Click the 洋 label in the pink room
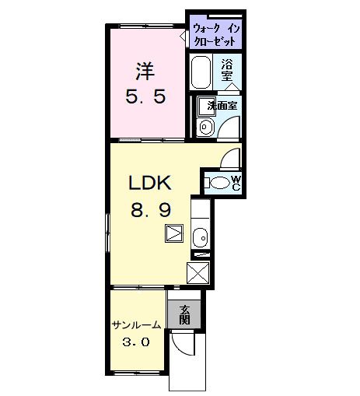click(145, 72)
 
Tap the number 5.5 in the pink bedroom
click(145, 96)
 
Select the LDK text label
click(150, 183)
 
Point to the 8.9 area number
click(151, 209)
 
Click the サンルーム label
click(136, 325)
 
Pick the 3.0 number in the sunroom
click(136, 342)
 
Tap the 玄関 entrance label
click(184, 315)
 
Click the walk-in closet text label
click(216, 35)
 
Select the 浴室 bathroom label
click(227, 69)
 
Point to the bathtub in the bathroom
click(201, 72)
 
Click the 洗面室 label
click(222, 106)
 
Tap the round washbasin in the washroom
click(205, 127)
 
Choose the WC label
click(236, 183)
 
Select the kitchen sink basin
click(201, 238)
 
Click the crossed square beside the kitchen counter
click(198, 273)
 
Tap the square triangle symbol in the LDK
click(174, 233)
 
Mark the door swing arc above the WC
click(229, 157)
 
